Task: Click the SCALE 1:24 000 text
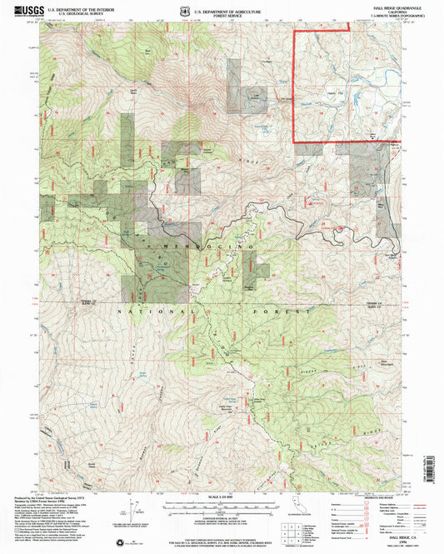(221, 498)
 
